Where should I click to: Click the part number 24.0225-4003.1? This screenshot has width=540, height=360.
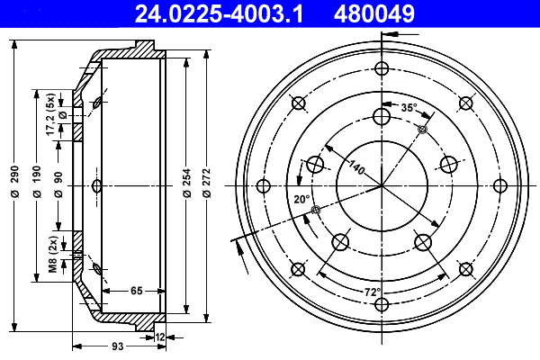[x=219, y=13]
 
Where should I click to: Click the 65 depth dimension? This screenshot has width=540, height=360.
[x=136, y=290]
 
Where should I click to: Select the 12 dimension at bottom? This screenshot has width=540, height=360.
[x=160, y=337]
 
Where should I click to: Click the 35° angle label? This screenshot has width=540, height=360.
[x=409, y=108]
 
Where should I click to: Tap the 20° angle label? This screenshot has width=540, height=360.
[x=301, y=199]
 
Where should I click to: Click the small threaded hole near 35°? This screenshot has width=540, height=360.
[x=422, y=130]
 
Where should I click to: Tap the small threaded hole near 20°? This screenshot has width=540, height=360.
[x=314, y=211]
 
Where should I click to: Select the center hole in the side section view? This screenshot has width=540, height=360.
[x=96, y=186]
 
